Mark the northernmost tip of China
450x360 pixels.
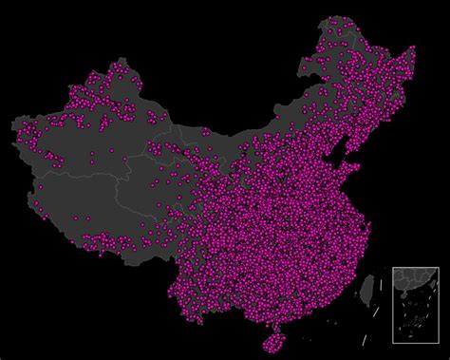340,17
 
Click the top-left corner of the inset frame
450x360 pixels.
393,268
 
